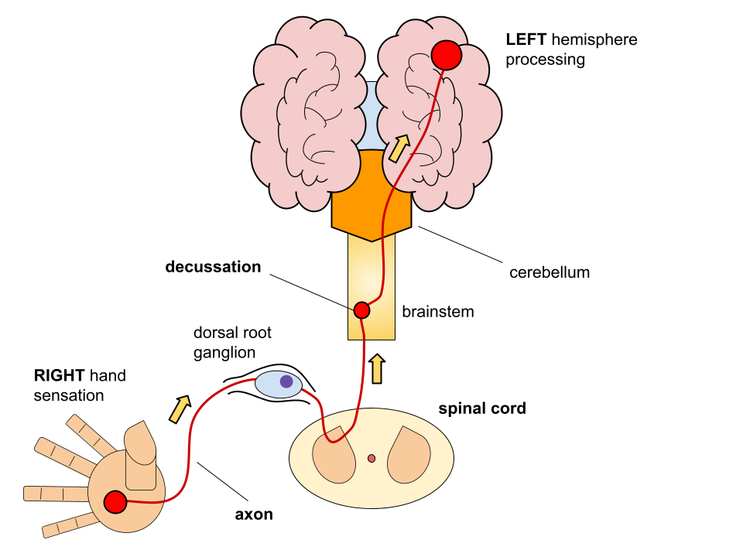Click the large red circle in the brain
(x=447, y=55)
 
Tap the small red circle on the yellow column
(x=361, y=310)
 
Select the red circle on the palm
(x=115, y=502)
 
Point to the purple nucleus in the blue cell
(x=286, y=381)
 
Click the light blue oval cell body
(x=271, y=385)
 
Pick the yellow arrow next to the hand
(x=180, y=409)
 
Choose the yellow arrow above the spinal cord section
(x=377, y=369)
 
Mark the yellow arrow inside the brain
(x=399, y=149)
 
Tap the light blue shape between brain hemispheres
(x=371, y=116)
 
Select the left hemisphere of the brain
(x=306, y=116)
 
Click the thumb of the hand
(x=140, y=445)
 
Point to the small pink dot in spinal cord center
(x=371, y=458)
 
